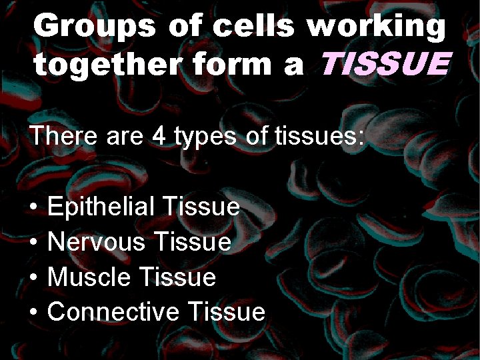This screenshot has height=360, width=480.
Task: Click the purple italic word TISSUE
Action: tap(385, 65)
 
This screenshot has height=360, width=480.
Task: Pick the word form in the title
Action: tap(223, 65)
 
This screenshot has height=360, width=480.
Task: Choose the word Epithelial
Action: tap(99, 207)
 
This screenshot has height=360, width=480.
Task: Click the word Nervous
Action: tap(97, 241)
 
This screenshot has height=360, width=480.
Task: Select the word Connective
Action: tap(114, 311)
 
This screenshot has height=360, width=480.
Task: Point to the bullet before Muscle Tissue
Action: tap(33, 277)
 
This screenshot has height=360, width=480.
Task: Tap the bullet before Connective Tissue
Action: tap(33, 312)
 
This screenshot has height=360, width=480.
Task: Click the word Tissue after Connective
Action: tap(227, 311)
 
